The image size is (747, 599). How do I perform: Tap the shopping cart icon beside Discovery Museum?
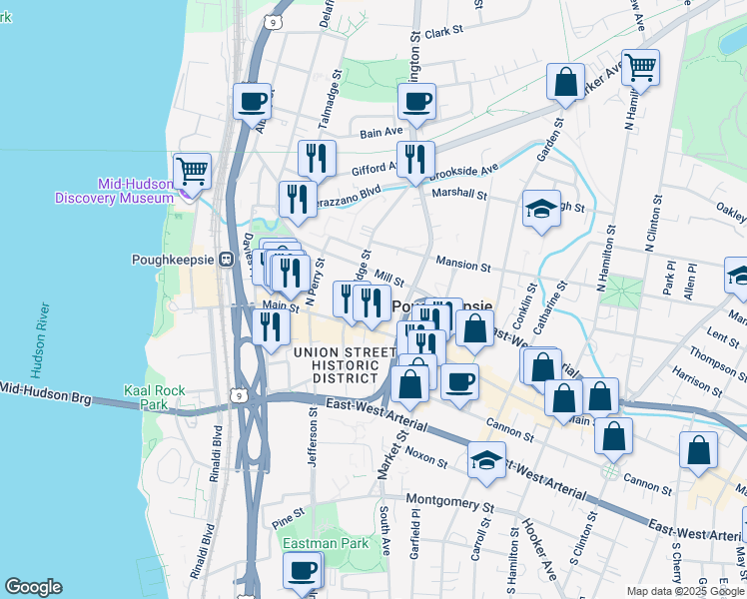192,170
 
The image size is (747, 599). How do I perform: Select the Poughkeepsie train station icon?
227,259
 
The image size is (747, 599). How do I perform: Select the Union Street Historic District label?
344,360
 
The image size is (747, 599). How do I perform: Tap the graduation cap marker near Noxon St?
486,460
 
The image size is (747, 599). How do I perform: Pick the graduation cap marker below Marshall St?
540,209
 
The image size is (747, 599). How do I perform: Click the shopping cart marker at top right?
641,67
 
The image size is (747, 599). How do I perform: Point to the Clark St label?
444,32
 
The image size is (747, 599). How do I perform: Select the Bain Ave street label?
380,131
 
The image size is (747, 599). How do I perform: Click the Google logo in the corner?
33,587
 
